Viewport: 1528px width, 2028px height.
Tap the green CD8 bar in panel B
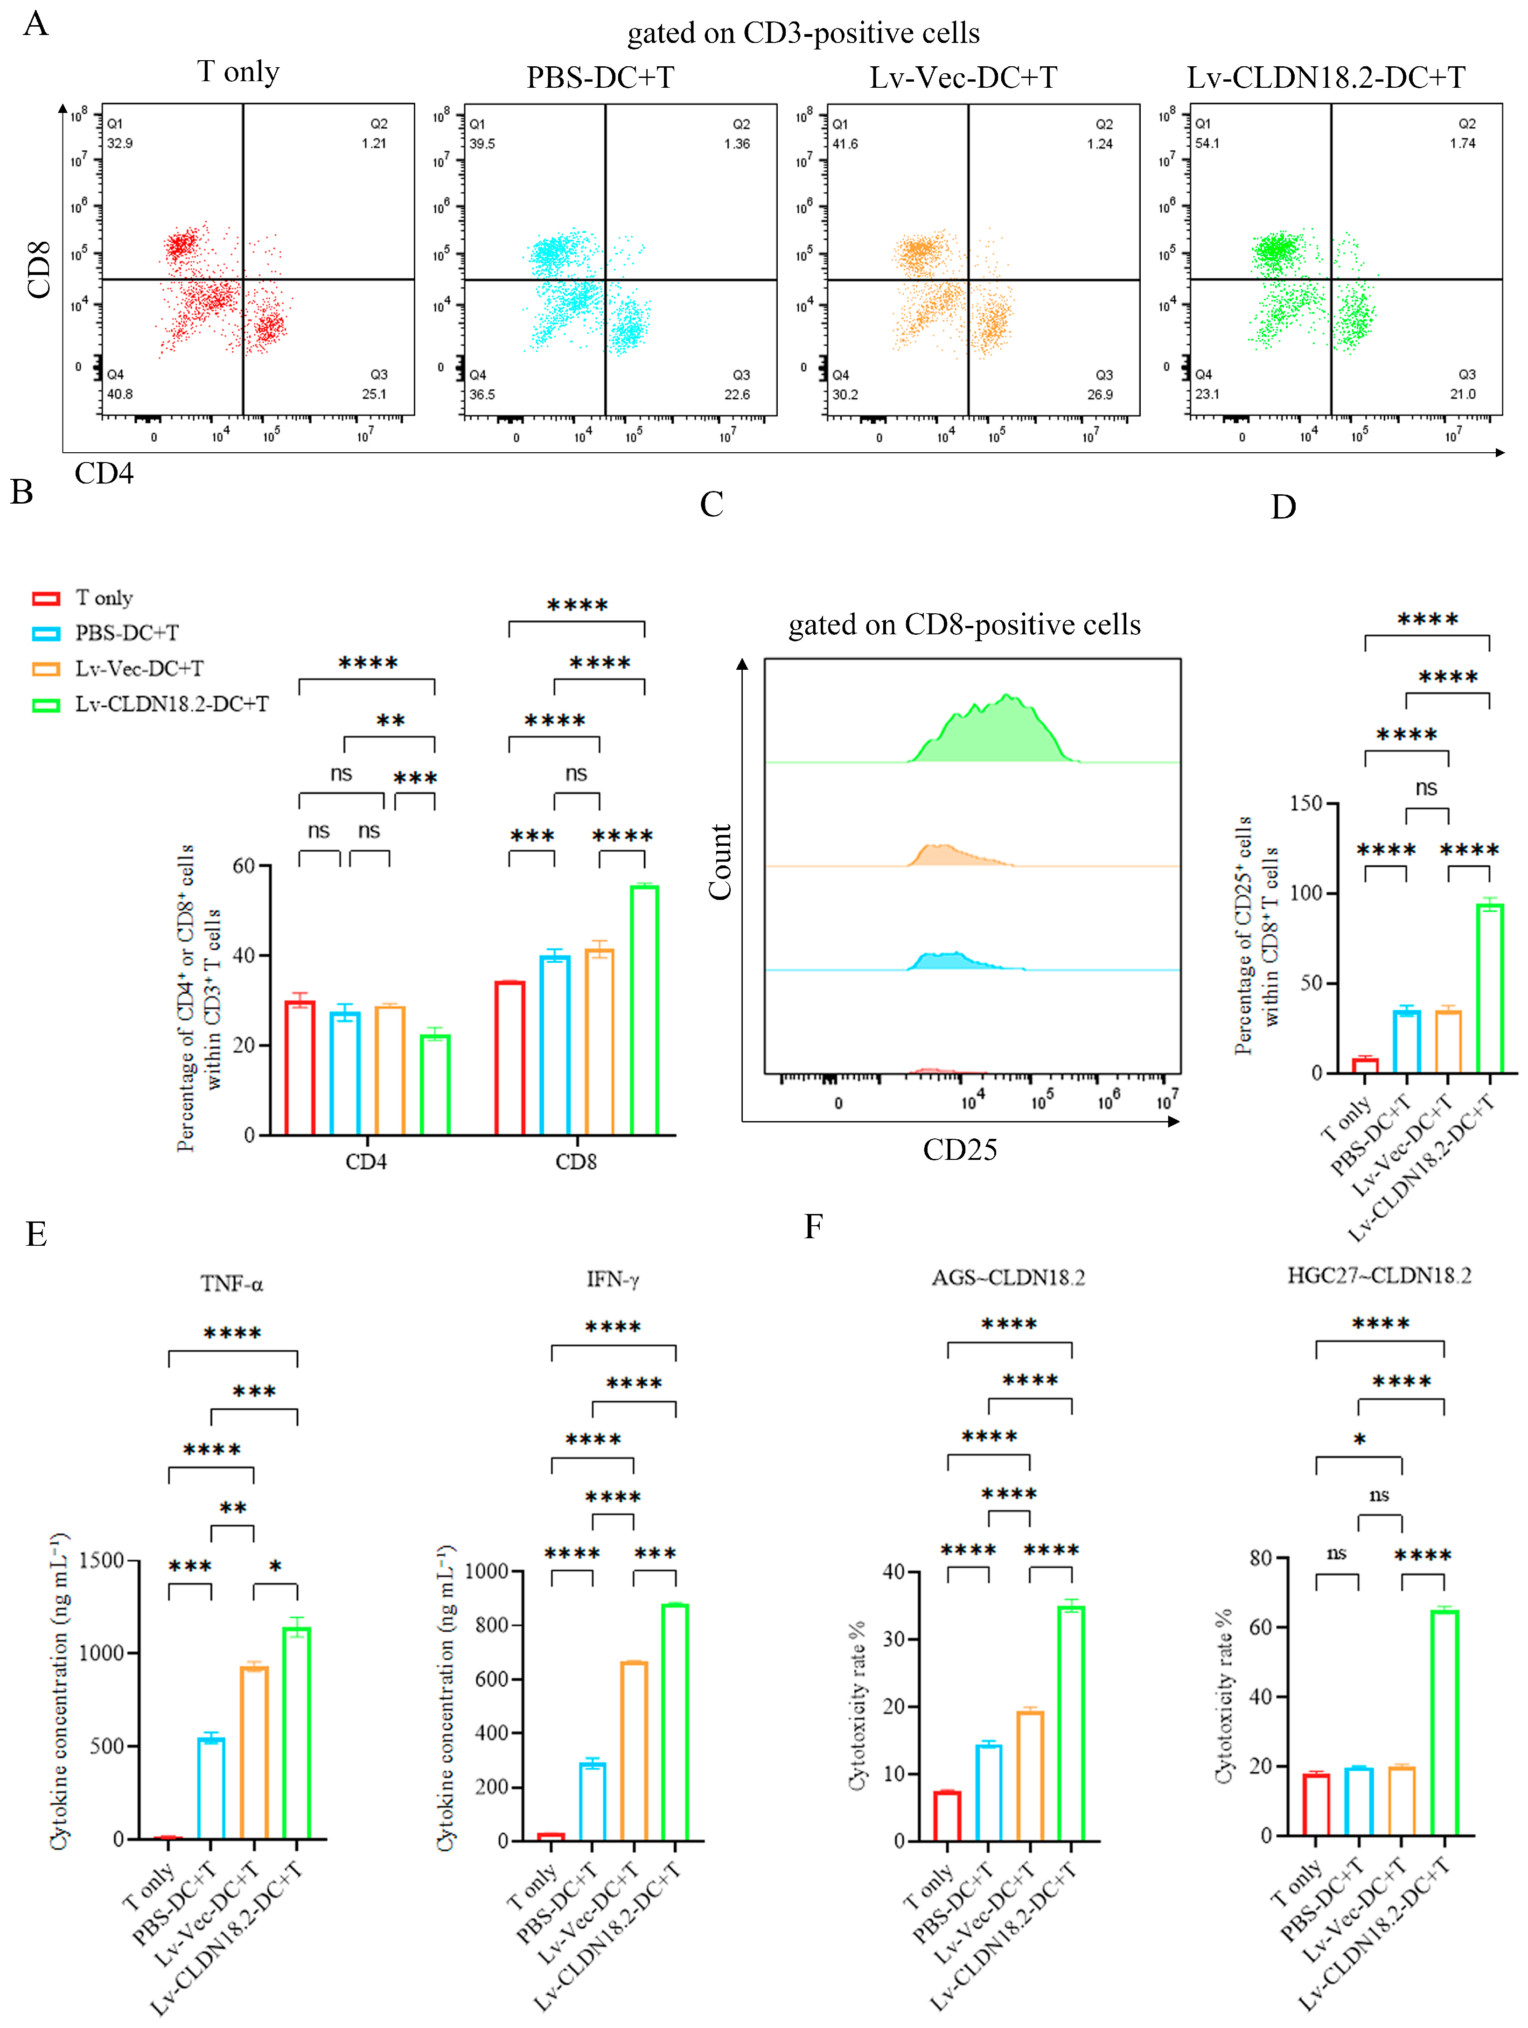pyautogui.click(x=644, y=1009)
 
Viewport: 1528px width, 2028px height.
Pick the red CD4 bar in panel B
pyautogui.click(x=300, y=1068)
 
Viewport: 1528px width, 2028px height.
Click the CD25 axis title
pyautogui.click(x=960, y=1150)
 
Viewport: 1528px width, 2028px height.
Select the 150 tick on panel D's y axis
pyautogui.click(x=1305, y=804)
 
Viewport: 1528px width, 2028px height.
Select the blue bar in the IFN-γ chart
pyautogui.click(x=592, y=1802)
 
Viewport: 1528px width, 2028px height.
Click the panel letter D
pyautogui.click(x=1283, y=507)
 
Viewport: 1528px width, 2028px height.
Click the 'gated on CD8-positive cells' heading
pyautogui.click(x=964, y=625)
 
